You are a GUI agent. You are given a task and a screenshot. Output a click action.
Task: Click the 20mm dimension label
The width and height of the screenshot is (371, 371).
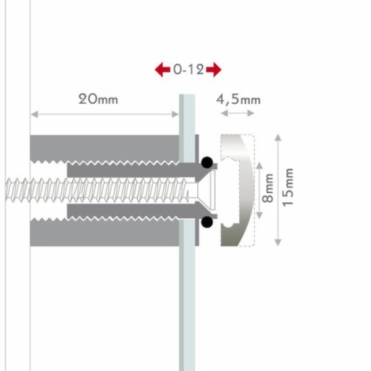(x=98, y=99)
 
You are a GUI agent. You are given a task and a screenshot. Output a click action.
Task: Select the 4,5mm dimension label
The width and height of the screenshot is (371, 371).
(x=238, y=100)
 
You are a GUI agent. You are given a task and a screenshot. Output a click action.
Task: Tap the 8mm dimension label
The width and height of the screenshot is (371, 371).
(x=268, y=188)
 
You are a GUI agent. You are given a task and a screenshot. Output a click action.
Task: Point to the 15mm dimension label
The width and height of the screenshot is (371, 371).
(x=288, y=187)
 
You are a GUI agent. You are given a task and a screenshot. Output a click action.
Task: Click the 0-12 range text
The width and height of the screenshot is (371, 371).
(x=189, y=69)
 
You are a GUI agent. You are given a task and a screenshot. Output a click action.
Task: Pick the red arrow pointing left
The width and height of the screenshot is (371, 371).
(x=162, y=69)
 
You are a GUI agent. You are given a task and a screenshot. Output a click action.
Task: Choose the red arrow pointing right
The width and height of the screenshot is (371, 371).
(x=214, y=69)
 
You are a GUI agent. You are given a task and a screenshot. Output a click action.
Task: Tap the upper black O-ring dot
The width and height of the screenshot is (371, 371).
(x=207, y=162)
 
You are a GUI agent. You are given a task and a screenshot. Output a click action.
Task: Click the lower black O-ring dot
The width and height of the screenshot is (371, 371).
(x=207, y=222)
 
